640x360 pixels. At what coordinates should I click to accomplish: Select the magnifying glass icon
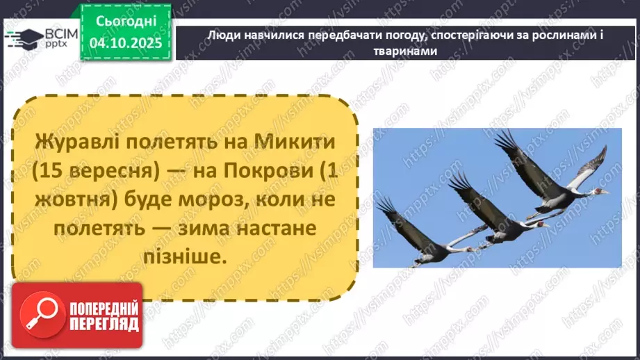[34, 314]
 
